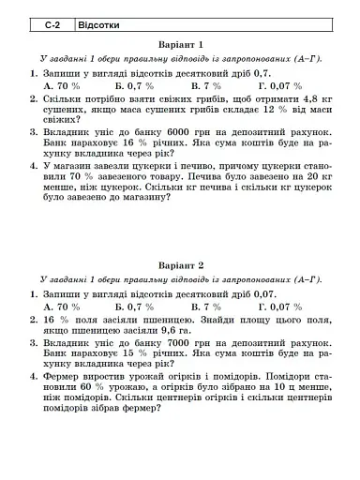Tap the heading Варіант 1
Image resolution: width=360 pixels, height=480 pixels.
[180, 44]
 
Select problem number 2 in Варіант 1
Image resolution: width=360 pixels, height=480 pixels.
[32, 97]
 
